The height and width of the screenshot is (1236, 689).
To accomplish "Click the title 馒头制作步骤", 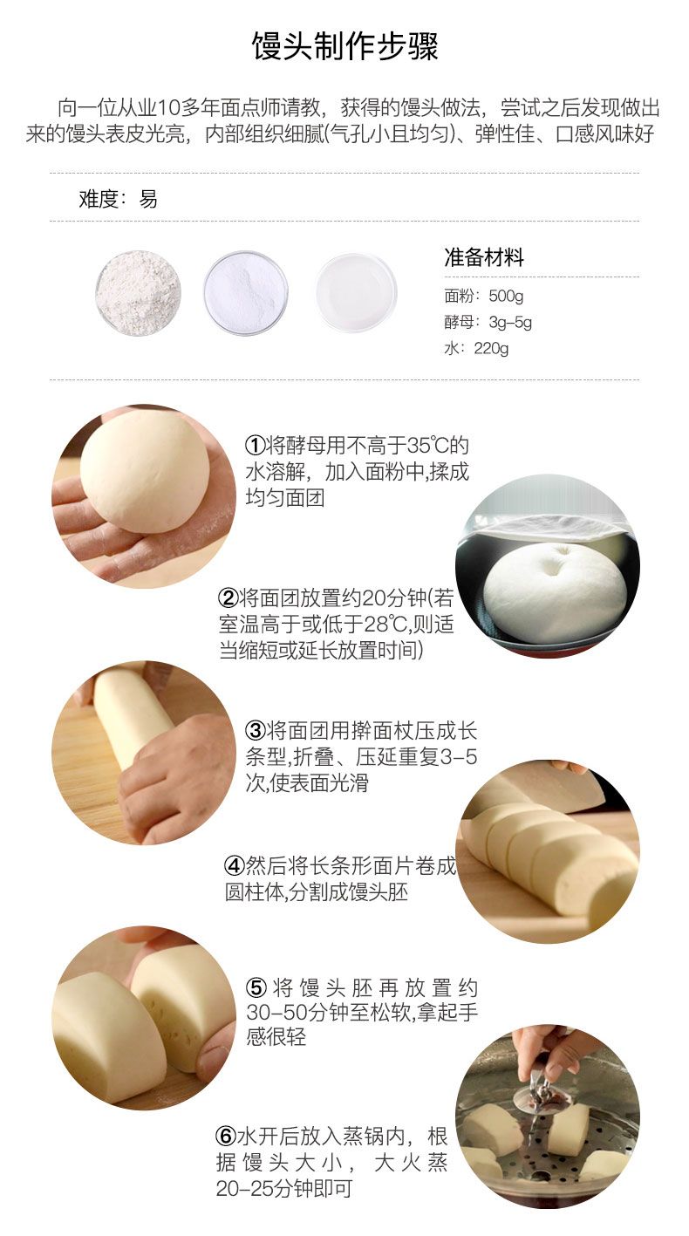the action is click(x=344, y=46).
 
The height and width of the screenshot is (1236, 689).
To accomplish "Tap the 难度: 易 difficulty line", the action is click(x=118, y=199).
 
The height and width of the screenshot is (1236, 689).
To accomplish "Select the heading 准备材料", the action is click(x=484, y=257).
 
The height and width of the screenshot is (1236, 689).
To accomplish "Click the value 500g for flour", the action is click(x=506, y=297).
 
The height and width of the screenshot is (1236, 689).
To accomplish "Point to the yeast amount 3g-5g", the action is click(x=510, y=322).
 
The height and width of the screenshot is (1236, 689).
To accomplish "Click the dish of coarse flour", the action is click(x=138, y=292).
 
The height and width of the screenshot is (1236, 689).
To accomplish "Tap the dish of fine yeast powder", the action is click(x=246, y=292).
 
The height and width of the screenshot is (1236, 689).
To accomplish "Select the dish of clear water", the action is click(x=357, y=292).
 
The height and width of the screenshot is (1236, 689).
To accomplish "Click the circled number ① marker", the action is click(x=256, y=445).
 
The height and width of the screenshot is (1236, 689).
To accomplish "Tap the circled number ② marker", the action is click(x=229, y=598).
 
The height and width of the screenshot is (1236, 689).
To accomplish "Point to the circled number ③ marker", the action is click(x=256, y=731).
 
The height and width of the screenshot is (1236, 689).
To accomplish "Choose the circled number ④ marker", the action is click(x=235, y=866).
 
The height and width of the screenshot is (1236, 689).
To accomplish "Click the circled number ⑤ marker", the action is click(x=256, y=987).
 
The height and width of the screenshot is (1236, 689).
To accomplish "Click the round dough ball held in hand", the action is click(x=145, y=472).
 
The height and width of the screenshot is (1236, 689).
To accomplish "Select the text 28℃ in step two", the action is click(x=385, y=625).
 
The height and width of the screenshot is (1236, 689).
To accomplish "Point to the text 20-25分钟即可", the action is click(x=284, y=1187).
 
